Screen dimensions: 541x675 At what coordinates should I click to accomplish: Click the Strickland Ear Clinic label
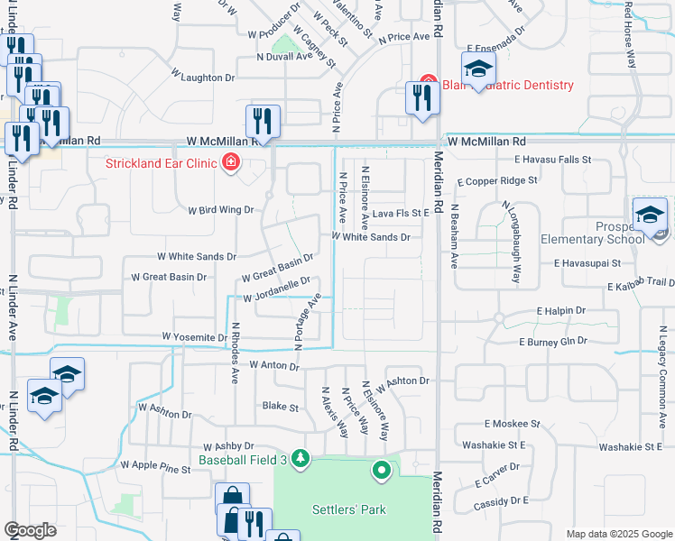click(162, 163)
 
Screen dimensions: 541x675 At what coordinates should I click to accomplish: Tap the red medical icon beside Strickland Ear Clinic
click(231, 162)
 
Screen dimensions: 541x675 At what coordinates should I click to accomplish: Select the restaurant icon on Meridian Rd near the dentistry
click(422, 98)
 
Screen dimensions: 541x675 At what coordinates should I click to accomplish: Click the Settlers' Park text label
click(349, 509)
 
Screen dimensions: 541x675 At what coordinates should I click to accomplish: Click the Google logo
click(31, 530)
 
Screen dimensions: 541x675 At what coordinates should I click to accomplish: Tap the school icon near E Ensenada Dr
click(478, 69)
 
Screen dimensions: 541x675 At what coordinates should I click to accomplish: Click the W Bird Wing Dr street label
click(221, 210)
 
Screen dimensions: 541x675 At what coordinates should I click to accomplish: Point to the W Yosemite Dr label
click(194, 337)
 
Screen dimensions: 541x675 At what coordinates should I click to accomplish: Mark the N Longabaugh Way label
click(511, 242)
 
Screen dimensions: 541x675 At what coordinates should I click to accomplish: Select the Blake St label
click(280, 408)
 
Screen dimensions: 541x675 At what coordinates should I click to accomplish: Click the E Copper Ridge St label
click(495, 180)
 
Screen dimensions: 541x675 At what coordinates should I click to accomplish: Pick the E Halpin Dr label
click(561, 310)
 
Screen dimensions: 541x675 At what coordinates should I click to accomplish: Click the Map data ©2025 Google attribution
click(618, 534)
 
